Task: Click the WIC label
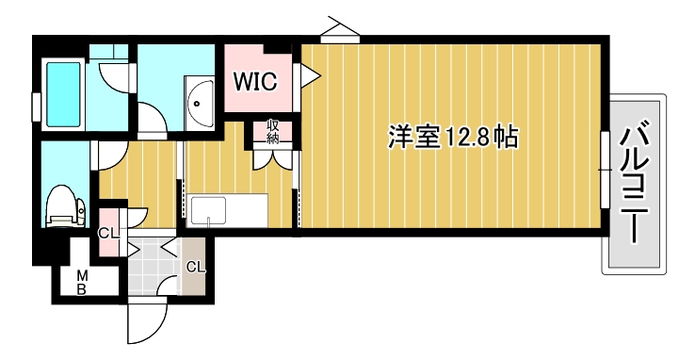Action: [x=255, y=82]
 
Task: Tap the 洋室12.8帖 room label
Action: [x=453, y=138]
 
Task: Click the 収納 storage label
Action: [x=272, y=131]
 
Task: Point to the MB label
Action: [x=82, y=282]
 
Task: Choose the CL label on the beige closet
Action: [x=195, y=266]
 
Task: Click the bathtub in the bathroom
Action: [x=64, y=92]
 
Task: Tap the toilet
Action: [x=63, y=205]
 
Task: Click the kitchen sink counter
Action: [x=227, y=210]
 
